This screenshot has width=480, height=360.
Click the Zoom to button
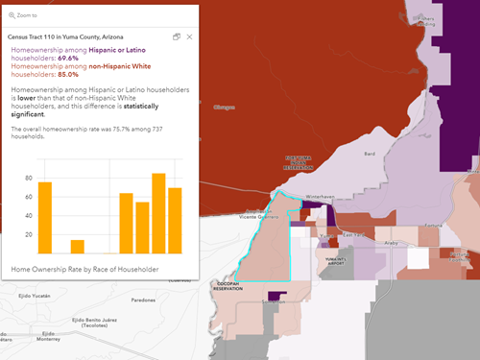click(24, 15)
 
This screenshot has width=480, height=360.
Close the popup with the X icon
click(189, 36)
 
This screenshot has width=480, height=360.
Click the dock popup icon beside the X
click(177, 36)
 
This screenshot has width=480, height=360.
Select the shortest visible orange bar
click(78, 246)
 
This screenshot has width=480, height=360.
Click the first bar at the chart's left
click(45, 216)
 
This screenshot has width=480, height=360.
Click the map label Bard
click(369, 153)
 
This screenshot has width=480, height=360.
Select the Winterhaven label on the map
click(319, 196)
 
